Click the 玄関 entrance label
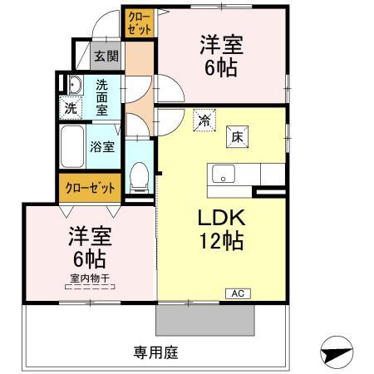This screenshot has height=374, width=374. [x=106, y=57]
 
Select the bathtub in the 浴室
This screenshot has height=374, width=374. [x=71, y=146]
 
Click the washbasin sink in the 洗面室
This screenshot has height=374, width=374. [x=75, y=85]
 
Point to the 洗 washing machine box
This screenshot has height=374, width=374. [x=71, y=108]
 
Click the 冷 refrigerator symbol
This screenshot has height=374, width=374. [x=204, y=121]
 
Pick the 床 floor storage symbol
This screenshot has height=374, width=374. [x=237, y=137]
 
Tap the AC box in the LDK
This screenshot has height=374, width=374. [x=238, y=293]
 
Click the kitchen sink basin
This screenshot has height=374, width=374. [x=224, y=174]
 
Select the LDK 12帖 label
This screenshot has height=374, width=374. [x=221, y=229]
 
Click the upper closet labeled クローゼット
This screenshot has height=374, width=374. [x=140, y=22]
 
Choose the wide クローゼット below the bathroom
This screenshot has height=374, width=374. [x=90, y=188]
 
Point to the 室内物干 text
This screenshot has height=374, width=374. [x=90, y=278]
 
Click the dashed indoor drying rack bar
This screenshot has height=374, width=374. [x=90, y=287]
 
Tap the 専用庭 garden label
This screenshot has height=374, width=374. [x=155, y=352]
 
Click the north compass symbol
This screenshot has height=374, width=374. [x=337, y=352]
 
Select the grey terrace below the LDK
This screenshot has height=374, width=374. [x=205, y=320]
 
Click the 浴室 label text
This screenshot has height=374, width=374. [x=102, y=146]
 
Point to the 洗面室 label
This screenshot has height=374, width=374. [x=101, y=97]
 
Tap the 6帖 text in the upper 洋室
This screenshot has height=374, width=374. [x=221, y=68]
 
